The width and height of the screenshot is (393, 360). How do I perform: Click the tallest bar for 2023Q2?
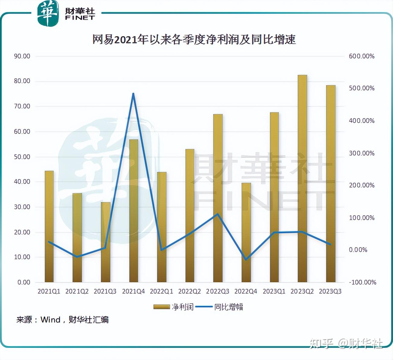coord(302,178)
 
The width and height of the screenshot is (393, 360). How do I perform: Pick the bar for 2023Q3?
coord(331,184)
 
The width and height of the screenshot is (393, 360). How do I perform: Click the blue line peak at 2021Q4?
coord(133,94)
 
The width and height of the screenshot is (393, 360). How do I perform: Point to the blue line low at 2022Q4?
coord(246,259)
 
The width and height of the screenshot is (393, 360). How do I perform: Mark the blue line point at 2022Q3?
coord(218,214)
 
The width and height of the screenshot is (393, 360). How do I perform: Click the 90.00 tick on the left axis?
coord(22,56)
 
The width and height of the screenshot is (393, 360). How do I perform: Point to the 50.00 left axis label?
coord(22,157)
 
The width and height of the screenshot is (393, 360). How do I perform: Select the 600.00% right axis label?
coord(362,56)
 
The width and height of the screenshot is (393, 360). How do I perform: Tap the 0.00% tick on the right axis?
coord(358,250)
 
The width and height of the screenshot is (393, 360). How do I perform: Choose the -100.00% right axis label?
coord(363,282)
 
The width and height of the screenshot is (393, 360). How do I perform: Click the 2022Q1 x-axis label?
coord(161,291)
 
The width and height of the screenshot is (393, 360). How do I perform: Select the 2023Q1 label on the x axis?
coord(274,291)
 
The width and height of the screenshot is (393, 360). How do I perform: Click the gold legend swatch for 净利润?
coord(161,307)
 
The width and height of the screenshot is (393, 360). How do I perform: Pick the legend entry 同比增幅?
coord(228,307)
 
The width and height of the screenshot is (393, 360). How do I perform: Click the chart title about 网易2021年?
coord(194,39)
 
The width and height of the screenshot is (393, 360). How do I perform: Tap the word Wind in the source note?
coord(50,320)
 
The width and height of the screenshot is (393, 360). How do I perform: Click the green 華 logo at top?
coord(48,14)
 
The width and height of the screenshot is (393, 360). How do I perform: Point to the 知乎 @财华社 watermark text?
coord(346,343)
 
